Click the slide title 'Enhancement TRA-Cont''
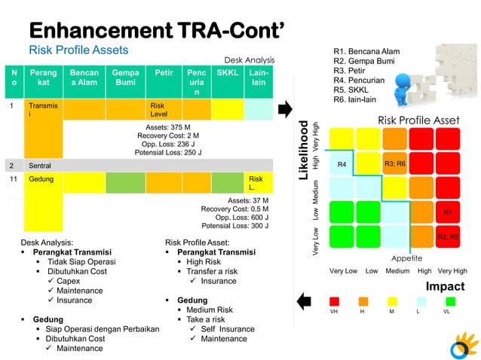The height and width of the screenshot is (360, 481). pyautogui.click(x=156, y=30)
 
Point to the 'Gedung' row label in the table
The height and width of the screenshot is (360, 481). pyautogui.click(x=41, y=181)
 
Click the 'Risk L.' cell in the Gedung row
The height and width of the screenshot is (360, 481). pyautogui.click(x=256, y=183)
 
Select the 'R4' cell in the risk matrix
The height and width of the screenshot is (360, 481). pyautogui.click(x=342, y=163)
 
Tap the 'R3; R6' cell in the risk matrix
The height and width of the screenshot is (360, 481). pyautogui.click(x=395, y=163)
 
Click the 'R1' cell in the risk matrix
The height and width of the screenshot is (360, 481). pyautogui.click(x=447, y=213)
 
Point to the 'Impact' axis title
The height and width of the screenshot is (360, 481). pyautogui.click(x=445, y=287)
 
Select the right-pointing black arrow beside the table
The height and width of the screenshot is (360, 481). pyautogui.click(x=284, y=110)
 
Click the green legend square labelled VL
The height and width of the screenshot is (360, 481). pyautogui.click(x=451, y=301)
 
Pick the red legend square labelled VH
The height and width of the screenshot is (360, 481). pyautogui.click(x=335, y=301)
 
